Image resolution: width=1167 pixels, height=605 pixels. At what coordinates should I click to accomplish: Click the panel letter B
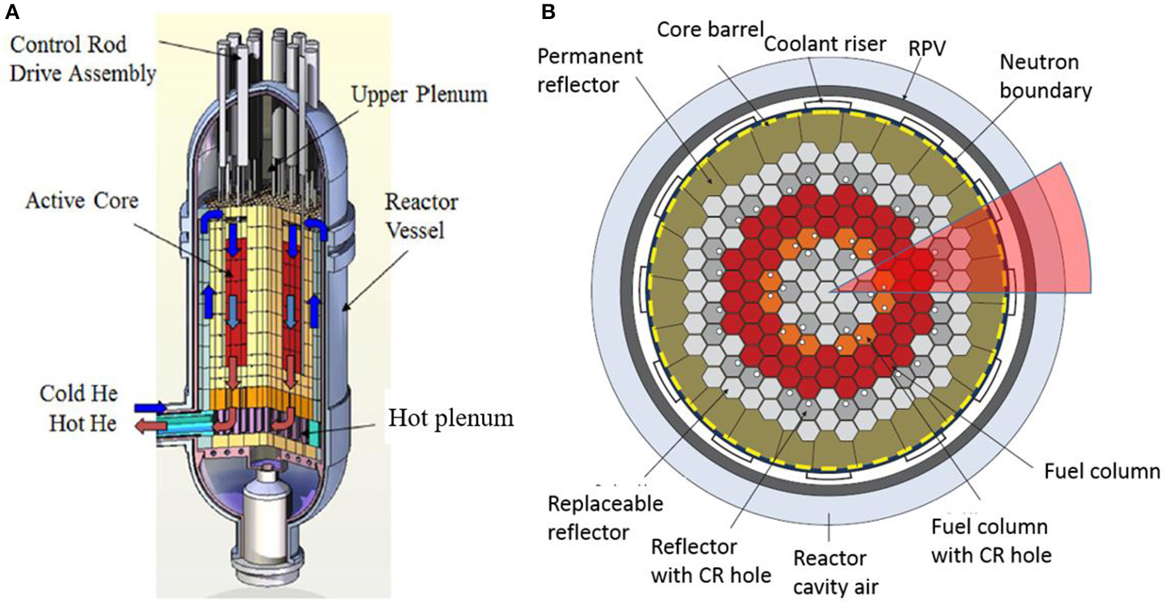[x=548, y=11]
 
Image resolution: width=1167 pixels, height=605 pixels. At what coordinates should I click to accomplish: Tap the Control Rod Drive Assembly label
[x=82, y=59]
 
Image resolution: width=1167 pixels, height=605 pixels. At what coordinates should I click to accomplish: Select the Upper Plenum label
[x=419, y=94]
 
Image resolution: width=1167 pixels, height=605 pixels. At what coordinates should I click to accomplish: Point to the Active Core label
[x=82, y=201]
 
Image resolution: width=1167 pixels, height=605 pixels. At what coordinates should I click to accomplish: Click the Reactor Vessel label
[x=421, y=216]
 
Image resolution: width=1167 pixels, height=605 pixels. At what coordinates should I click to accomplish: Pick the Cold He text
[x=79, y=394]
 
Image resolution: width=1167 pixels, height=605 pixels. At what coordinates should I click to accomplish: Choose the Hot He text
[x=83, y=423]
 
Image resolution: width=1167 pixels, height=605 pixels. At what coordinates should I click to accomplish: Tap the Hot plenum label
[x=451, y=418]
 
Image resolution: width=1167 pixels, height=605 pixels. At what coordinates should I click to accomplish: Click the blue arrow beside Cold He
[x=150, y=407]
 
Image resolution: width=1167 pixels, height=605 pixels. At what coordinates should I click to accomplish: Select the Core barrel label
[x=710, y=29]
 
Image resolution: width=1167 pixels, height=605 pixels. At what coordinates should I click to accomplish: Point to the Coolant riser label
[x=824, y=44]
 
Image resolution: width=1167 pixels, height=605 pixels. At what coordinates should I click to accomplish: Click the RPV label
[x=928, y=48]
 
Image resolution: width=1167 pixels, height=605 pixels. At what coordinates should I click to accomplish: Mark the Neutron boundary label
[x=1044, y=76]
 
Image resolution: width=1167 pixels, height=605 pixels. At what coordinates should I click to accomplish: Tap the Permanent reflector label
[x=590, y=70]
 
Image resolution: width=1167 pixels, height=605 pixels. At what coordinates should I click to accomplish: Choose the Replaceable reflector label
[x=605, y=517]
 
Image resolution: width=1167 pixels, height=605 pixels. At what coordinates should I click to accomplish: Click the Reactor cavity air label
[x=834, y=573]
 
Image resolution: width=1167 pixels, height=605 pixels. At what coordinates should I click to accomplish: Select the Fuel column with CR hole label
[x=990, y=541]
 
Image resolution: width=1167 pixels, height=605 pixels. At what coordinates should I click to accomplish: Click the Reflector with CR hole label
[x=710, y=561]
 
